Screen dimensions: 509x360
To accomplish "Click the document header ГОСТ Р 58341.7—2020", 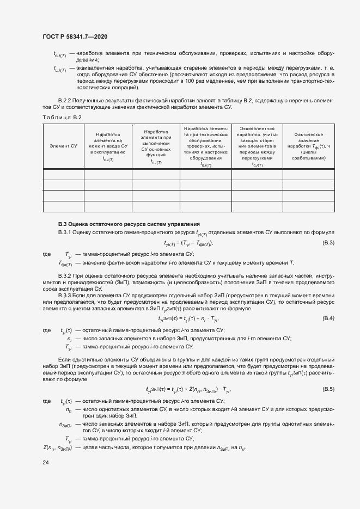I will tap(74, 36).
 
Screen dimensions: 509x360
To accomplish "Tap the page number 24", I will tap(45, 462).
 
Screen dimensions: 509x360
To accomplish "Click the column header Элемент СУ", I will tap(63, 146).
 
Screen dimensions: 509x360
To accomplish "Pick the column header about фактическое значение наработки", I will tap(308, 146).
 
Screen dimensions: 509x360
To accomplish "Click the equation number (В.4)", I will tap(328, 318).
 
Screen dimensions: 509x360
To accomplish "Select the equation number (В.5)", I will tap(328, 389).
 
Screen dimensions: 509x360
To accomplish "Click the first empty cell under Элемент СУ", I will tap(63, 175).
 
